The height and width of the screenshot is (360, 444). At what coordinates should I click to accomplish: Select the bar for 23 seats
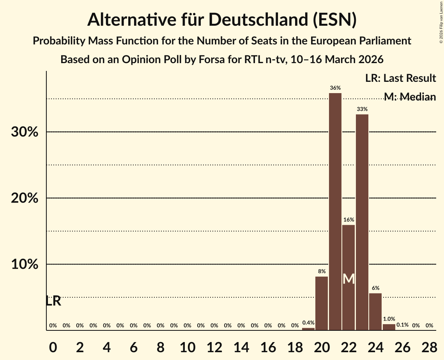pos(362,222)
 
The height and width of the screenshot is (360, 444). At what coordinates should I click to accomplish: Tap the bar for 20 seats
pos(322,303)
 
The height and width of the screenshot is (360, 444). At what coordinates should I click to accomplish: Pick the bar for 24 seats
pos(375,312)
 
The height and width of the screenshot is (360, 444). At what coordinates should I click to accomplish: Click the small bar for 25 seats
pos(389,327)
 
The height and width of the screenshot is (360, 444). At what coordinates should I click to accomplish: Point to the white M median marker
pos(348,279)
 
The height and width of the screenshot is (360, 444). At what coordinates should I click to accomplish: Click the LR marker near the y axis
pos(53,301)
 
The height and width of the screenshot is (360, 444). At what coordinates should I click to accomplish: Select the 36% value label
pos(335,88)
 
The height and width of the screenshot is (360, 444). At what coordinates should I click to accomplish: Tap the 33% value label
pos(362,109)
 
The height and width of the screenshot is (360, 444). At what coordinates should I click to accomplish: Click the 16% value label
pos(348,220)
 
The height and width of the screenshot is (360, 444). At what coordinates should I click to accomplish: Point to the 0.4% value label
pos(308,323)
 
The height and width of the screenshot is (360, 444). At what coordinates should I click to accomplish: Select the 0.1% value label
pos(402,325)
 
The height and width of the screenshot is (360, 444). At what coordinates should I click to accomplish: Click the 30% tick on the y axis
pos(24,132)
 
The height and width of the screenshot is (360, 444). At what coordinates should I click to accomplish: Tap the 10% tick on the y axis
pos(24,265)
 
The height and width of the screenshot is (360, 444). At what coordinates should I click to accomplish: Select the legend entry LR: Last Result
pos(400,78)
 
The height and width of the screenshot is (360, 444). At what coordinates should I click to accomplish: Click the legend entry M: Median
pos(409,97)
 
